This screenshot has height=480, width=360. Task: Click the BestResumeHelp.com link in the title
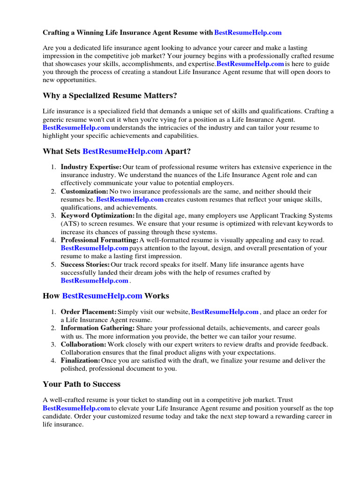(247, 33)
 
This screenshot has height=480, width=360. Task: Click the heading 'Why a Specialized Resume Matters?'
(110, 96)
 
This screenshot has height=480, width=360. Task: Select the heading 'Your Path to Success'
(82, 384)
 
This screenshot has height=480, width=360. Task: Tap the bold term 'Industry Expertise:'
(91, 167)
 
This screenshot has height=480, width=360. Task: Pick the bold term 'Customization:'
(84, 191)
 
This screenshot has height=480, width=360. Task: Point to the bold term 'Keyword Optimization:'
(97, 216)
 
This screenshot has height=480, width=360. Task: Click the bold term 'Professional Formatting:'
(99, 240)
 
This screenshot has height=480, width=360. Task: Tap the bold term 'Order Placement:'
(89, 312)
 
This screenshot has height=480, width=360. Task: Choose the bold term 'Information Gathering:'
(97, 328)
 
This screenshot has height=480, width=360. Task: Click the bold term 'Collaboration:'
(83, 345)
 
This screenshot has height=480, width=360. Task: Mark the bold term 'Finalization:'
(81, 360)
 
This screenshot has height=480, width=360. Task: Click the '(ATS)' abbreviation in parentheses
(70, 224)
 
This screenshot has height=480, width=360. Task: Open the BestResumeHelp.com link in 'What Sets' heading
(122, 151)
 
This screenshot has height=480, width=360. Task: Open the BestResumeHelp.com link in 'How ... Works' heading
(102, 296)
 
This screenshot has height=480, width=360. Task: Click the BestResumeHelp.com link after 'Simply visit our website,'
(225, 312)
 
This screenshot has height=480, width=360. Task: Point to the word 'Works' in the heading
(157, 296)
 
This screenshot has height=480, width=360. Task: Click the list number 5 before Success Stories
(53, 265)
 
